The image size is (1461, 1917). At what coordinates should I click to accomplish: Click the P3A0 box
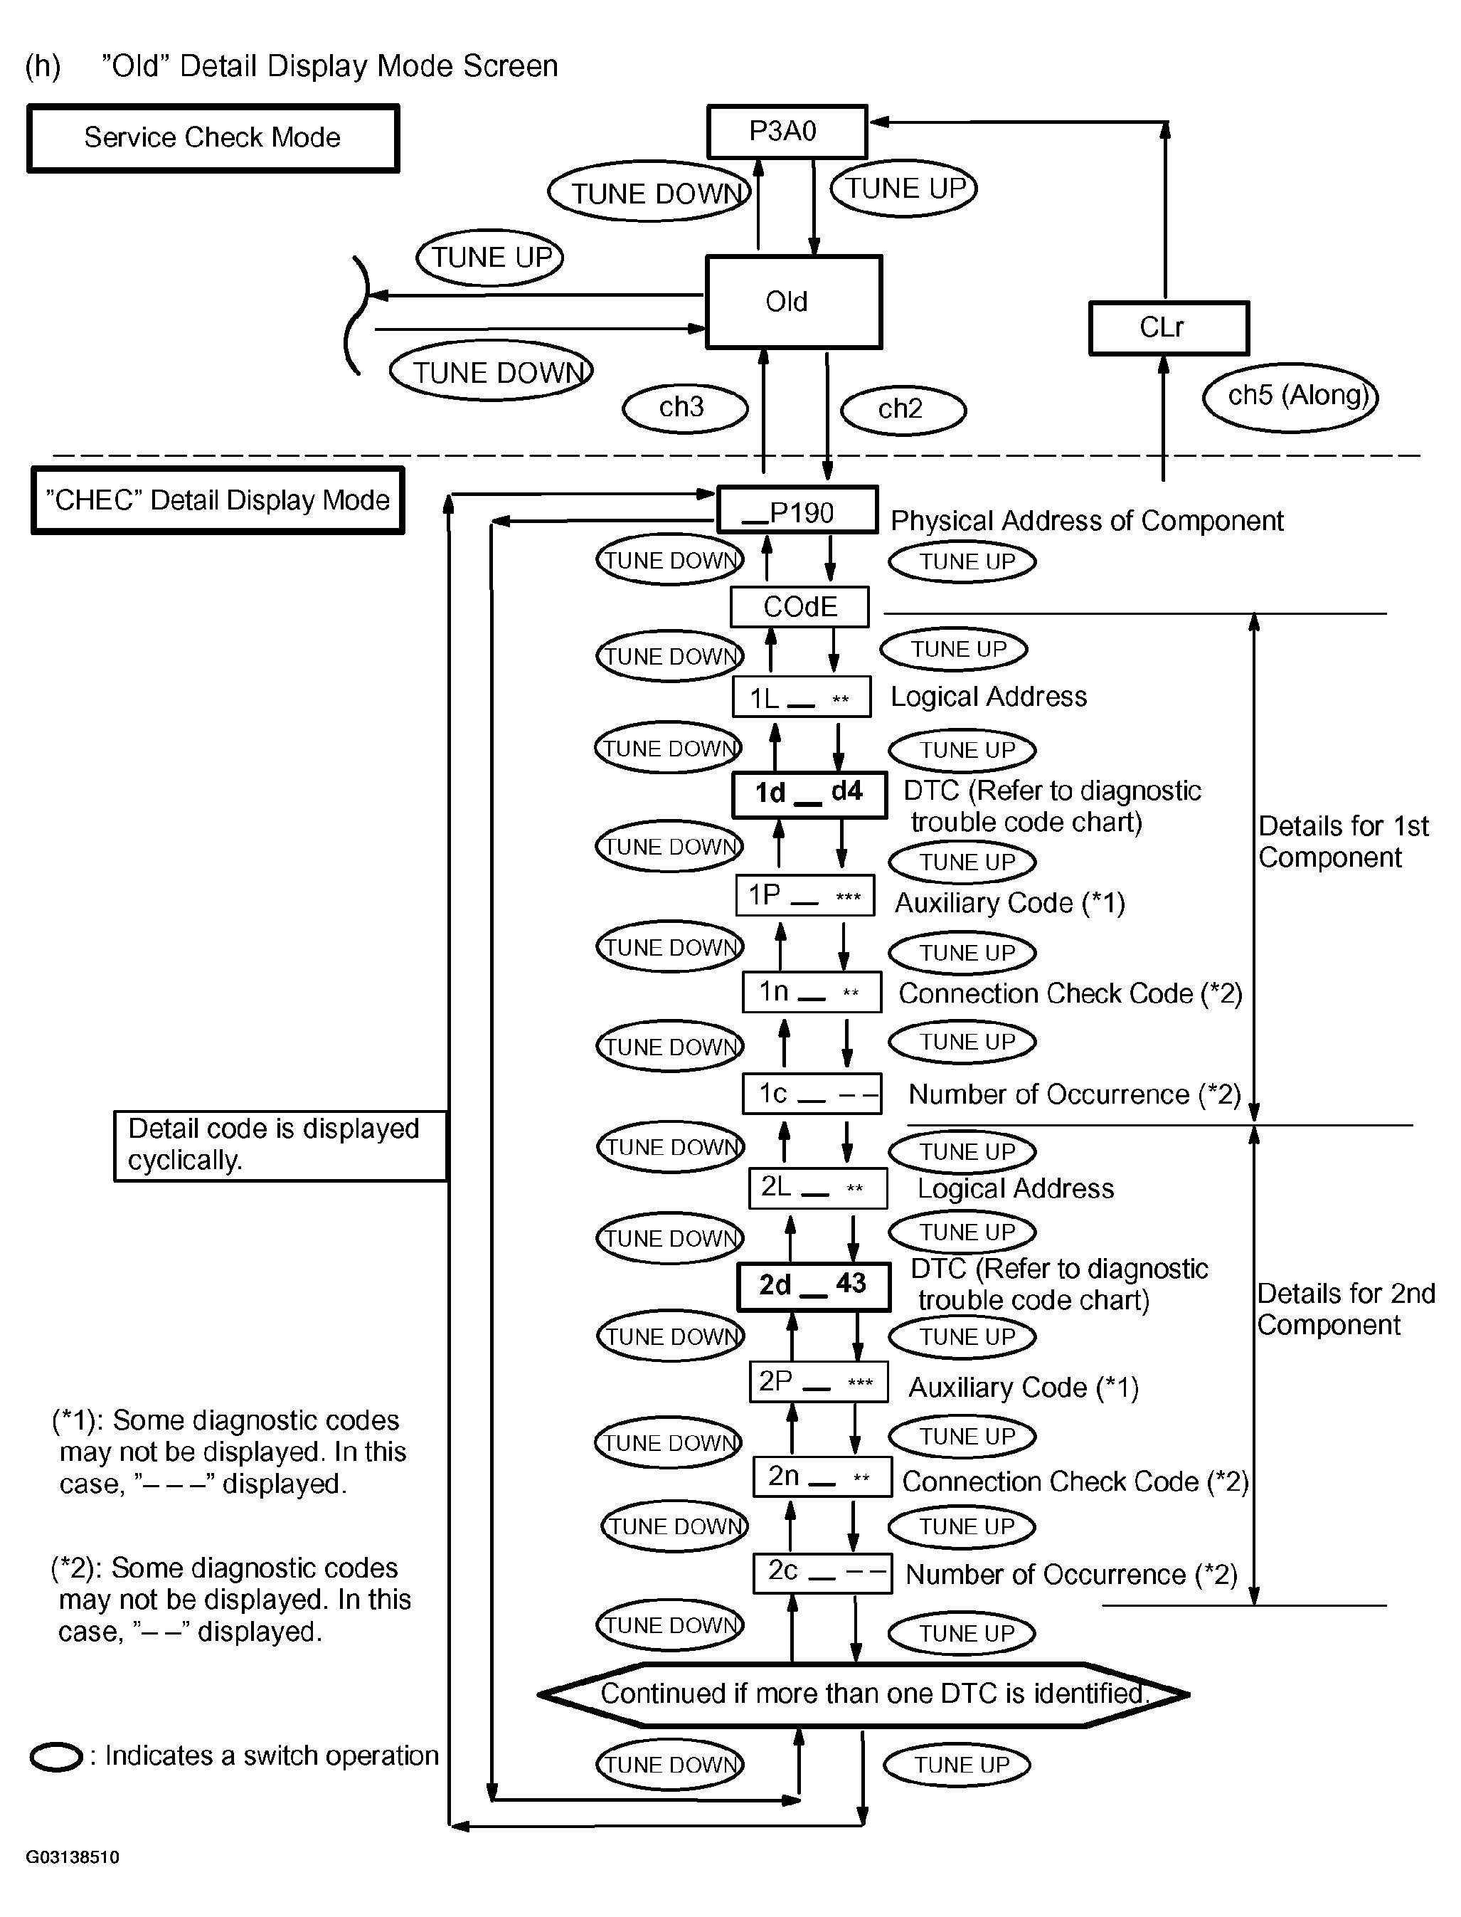(786, 132)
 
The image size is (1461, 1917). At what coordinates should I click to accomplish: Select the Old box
(793, 302)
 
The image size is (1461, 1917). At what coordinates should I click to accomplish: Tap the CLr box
(1168, 328)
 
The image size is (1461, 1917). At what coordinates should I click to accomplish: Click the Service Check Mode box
(213, 138)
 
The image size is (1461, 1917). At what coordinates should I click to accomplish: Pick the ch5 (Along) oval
(1290, 396)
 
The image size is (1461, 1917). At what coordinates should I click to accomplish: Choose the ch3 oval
(684, 408)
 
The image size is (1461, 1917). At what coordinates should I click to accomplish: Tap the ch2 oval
(903, 410)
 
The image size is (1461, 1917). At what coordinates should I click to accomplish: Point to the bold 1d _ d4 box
(809, 794)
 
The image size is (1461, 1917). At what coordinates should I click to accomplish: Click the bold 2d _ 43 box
(813, 1287)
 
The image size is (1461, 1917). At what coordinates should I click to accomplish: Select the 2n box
(822, 1476)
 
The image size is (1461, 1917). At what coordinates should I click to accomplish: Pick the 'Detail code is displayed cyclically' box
(280, 1146)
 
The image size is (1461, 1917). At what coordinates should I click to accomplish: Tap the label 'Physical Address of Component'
(1086, 520)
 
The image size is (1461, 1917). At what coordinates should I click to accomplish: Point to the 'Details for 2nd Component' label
(1344, 1309)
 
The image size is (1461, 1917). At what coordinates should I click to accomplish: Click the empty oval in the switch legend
(55, 1756)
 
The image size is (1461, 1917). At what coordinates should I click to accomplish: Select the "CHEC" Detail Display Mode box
(218, 500)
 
